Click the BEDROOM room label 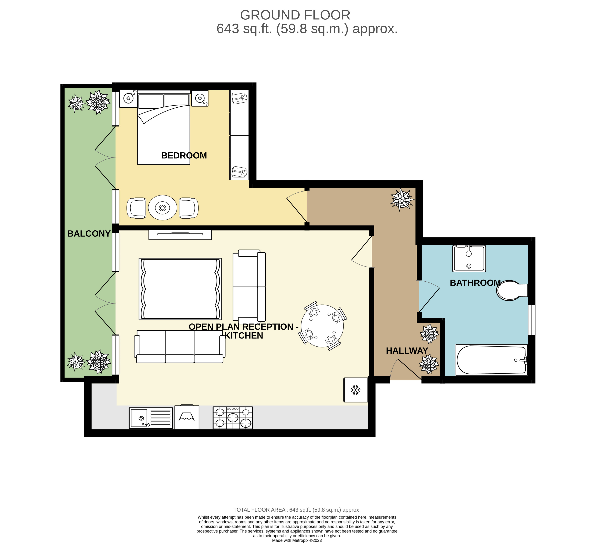(x=184, y=156)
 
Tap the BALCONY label (x=89, y=234)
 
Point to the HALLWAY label (x=407, y=351)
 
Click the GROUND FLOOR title (x=295, y=15)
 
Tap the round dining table (x=322, y=326)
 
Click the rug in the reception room (x=180, y=289)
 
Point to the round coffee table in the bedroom (x=163, y=208)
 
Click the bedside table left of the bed (x=128, y=98)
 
